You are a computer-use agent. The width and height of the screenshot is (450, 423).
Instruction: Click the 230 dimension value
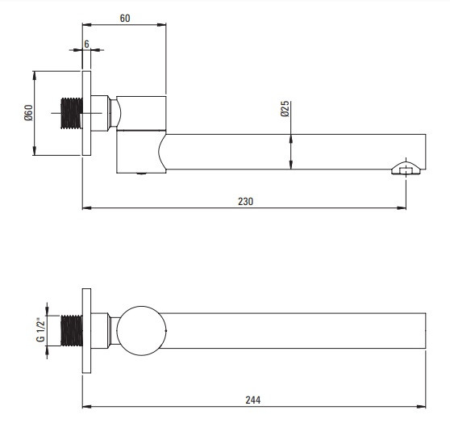(246, 202)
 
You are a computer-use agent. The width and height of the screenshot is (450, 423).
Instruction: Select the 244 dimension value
(253, 400)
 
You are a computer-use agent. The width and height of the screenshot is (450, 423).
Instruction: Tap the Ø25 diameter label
(285, 109)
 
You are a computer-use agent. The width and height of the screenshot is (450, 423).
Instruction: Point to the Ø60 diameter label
(28, 113)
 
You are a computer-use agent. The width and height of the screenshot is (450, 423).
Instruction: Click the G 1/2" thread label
(41, 329)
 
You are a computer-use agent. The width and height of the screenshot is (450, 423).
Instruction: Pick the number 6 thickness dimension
(86, 44)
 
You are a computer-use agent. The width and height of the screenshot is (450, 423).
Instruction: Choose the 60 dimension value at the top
(125, 18)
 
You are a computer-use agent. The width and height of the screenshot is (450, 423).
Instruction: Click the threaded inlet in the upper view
(72, 113)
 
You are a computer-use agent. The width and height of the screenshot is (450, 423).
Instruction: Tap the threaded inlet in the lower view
(72, 330)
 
